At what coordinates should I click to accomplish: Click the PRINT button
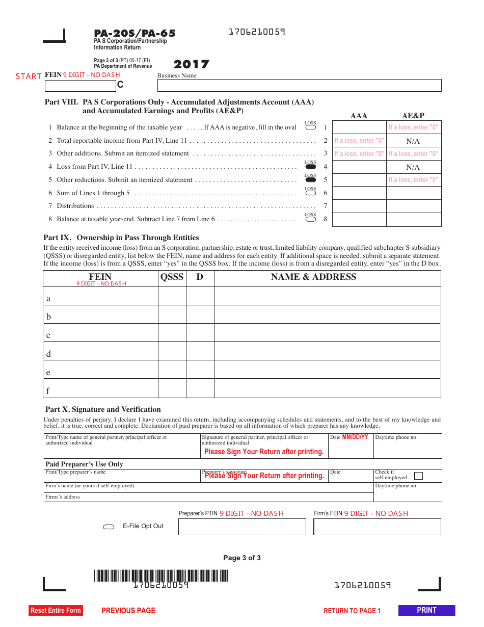[426, 610]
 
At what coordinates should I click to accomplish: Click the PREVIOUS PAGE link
[128, 611]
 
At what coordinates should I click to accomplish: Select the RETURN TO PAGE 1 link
[352, 611]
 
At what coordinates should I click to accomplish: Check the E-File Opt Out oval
[109, 527]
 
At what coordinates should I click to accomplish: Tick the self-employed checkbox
[418, 476]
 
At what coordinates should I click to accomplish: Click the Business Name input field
[299, 86]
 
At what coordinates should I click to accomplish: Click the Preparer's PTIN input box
[242, 527]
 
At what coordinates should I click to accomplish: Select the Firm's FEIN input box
[377, 527]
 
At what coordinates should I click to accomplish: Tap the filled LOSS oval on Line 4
[310, 167]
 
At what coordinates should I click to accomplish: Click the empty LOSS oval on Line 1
[310, 127]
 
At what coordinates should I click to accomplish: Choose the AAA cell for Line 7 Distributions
[359, 206]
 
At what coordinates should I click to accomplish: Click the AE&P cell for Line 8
[413, 219]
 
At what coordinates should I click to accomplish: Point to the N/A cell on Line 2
[413, 141]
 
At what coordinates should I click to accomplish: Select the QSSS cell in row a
[172, 296]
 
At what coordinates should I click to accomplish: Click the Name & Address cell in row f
[327, 388]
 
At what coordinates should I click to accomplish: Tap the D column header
[200, 277]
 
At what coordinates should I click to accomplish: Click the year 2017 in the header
[191, 64]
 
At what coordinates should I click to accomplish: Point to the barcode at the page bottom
[160, 576]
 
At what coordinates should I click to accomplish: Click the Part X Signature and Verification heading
[103, 409]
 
